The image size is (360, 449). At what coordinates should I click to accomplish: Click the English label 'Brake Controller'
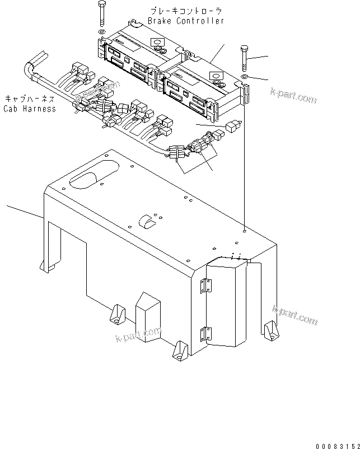(x=186, y=21)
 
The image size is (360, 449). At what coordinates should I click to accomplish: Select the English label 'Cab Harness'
(x=30, y=109)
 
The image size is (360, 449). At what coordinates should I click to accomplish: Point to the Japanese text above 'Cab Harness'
(x=30, y=99)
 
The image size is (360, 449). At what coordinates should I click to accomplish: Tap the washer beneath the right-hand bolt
(x=244, y=76)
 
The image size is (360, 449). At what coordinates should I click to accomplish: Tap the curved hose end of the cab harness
(x=29, y=70)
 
